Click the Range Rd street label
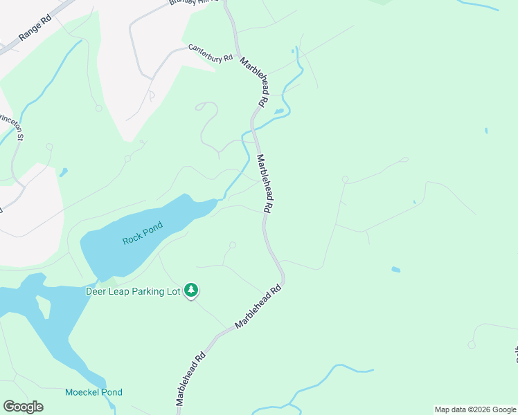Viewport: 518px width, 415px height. (36, 30)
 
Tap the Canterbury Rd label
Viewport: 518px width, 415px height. (210, 53)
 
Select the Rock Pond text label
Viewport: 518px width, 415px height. (143, 233)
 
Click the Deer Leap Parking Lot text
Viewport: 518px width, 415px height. (133, 291)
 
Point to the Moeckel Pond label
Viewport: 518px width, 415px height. (93, 392)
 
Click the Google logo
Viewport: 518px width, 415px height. (23, 407)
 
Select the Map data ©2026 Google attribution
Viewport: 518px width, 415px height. (475, 409)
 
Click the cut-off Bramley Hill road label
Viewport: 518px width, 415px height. (188, 3)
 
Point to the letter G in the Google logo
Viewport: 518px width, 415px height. (9, 407)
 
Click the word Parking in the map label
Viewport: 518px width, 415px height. (145, 291)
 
